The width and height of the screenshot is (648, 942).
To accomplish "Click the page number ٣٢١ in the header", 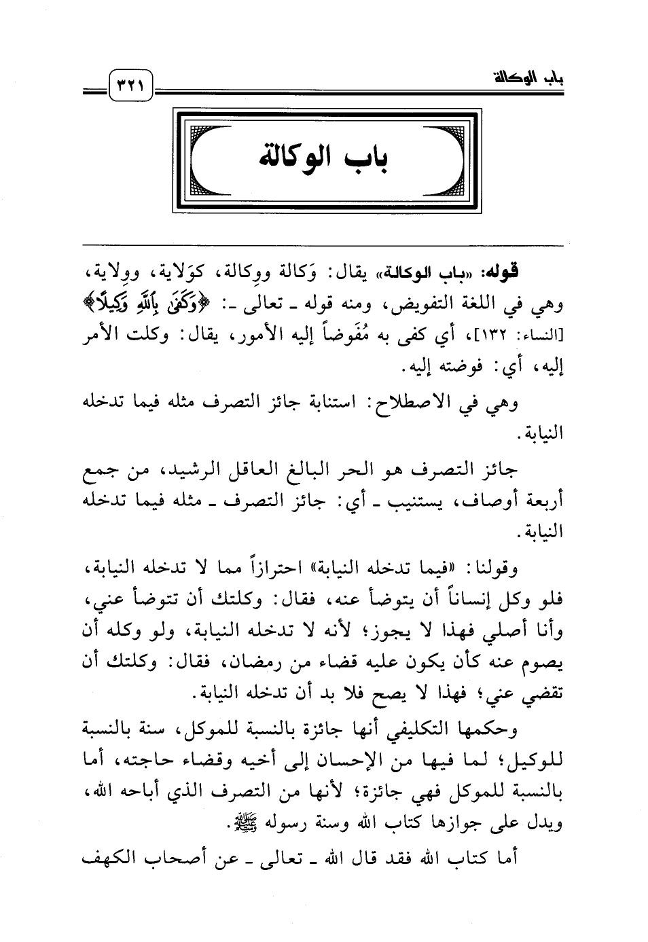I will point(131,86).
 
